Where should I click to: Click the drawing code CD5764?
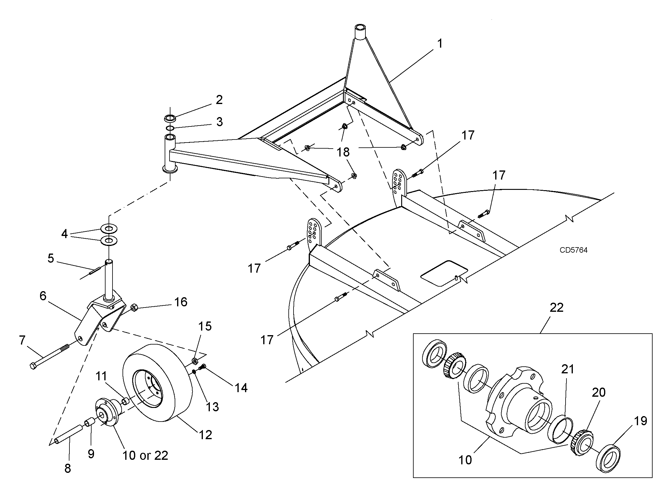pyautogui.click(x=573, y=250)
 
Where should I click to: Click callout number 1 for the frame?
pyautogui.click(x=440, y=44)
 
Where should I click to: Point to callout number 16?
pyautogui.click(x=181, y=302)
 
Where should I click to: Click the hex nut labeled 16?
pyautogui.click(x=134, y=308)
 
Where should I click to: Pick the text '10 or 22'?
pyautogui.click(x=145, y=455)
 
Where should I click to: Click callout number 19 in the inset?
pyautogui.click(x=641, y=421)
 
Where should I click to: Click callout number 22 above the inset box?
pyautogui.click(x=556, y=307)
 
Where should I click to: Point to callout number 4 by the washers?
pyautogui.click(x=64, y=234)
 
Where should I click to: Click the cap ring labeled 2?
pyautogui.click(x=170, y=118)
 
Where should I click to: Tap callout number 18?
pyautogui.click(x=343, y=152)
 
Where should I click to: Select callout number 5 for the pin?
pyautogui.click(x=51, y=258)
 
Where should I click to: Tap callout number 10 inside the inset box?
pyautogui.click(x=465, y=460)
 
